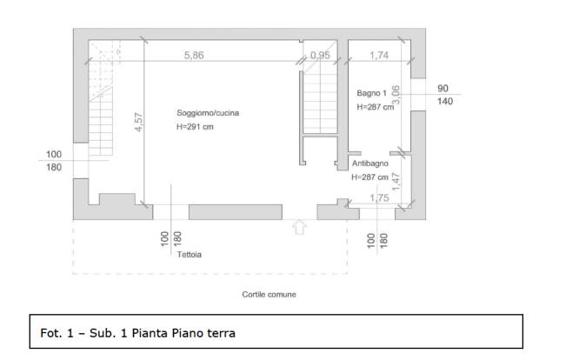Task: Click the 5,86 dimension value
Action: click(194, 56)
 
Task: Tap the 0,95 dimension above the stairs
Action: click(320, 56)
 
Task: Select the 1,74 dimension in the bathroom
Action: click(379, 56)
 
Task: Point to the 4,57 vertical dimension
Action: click(138, 122)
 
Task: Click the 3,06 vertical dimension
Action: click(396, 95)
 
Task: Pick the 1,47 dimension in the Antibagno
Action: click(396, 182)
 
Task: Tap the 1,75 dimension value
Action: click(380, 198)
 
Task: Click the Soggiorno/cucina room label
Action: click(208, 113)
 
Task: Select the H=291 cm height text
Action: click(195, 127)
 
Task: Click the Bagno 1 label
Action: click(371, 93)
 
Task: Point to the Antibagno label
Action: click(370, 163)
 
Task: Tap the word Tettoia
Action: click(190, 255)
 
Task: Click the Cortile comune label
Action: click(270, 294)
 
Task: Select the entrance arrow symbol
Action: click(300, 227)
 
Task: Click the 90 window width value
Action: click(443, 88)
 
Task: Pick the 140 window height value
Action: click(445, 101)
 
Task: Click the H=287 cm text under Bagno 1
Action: click(376, 107)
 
